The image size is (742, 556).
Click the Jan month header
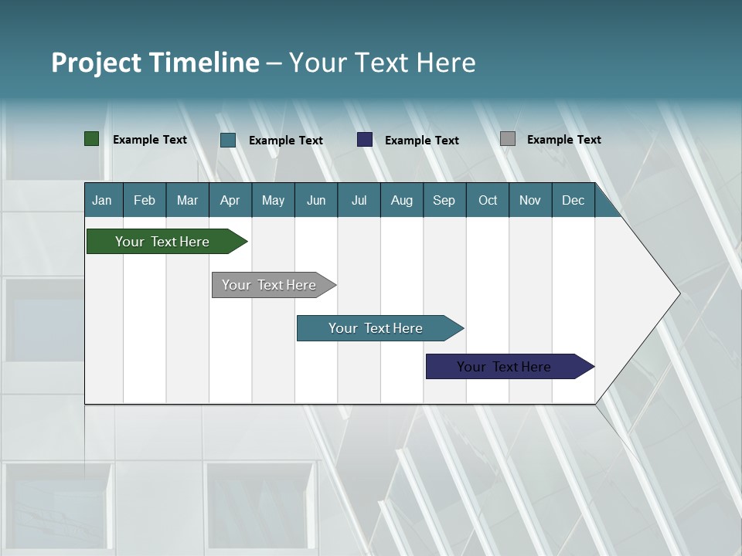click(102, 200)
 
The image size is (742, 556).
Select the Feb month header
click(145, 200)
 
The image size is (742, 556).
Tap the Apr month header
click(230, 200)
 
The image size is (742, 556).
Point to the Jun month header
click(316, 200)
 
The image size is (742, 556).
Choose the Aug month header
click(401, 200)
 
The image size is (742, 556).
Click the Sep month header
click(444, 200)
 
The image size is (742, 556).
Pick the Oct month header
click(488, 200)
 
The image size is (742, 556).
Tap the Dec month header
click(573, 200)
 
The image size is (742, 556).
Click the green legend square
click(91, 139)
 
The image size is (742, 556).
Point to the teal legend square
click(228, 140)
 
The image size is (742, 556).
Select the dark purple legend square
click(365, 140)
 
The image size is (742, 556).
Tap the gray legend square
click(508, 139)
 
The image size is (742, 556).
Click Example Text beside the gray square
click(563, 140)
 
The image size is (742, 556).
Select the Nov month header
click(530, 200)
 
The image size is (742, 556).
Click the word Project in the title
click(96, 63)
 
